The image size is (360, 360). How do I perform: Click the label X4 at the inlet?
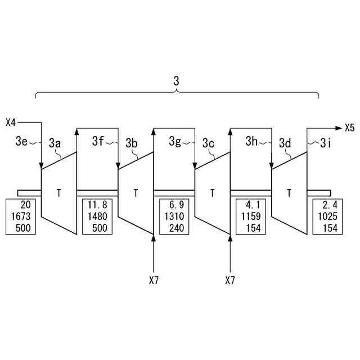point(11,121)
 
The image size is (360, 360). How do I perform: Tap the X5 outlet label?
point(349,128)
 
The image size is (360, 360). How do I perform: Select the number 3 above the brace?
point(176,82)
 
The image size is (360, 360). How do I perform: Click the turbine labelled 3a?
point(58,193)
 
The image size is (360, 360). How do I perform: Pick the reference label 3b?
point(132,143)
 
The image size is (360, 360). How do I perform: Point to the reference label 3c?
point(209,143)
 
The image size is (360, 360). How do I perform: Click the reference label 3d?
point(285,143)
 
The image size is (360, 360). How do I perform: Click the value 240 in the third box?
point(176,227)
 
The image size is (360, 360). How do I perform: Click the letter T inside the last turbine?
point(289,193)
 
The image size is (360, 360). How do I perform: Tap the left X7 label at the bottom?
point(154,280)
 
